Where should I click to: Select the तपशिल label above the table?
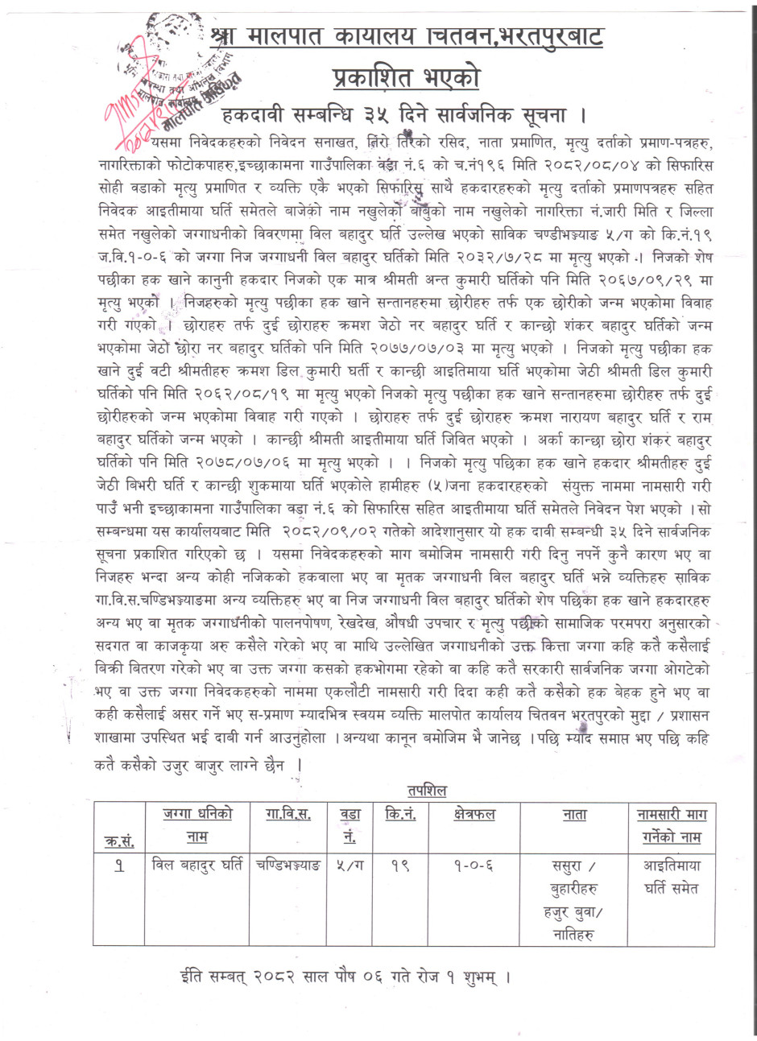coord(422,791)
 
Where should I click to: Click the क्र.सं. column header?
coord(119,841)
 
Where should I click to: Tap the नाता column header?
coord(574,815)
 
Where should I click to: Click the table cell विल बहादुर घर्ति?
coord(197,866)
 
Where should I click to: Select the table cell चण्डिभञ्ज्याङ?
coord(287,866)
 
